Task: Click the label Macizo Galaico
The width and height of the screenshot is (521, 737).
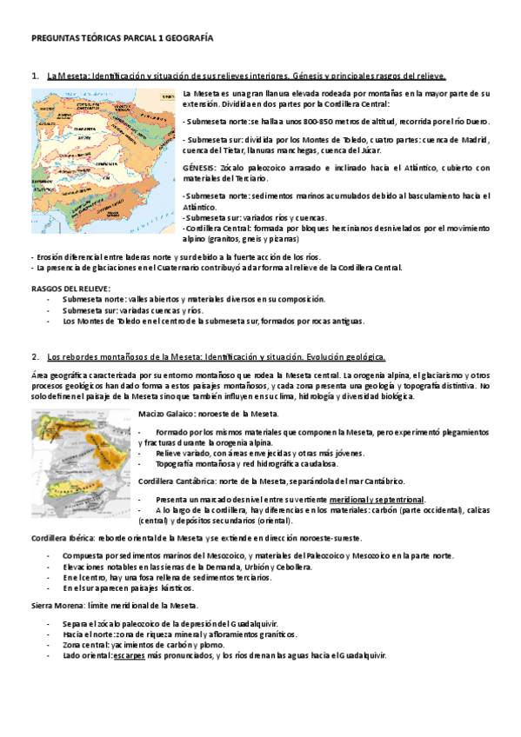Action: [x=167, y=413]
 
